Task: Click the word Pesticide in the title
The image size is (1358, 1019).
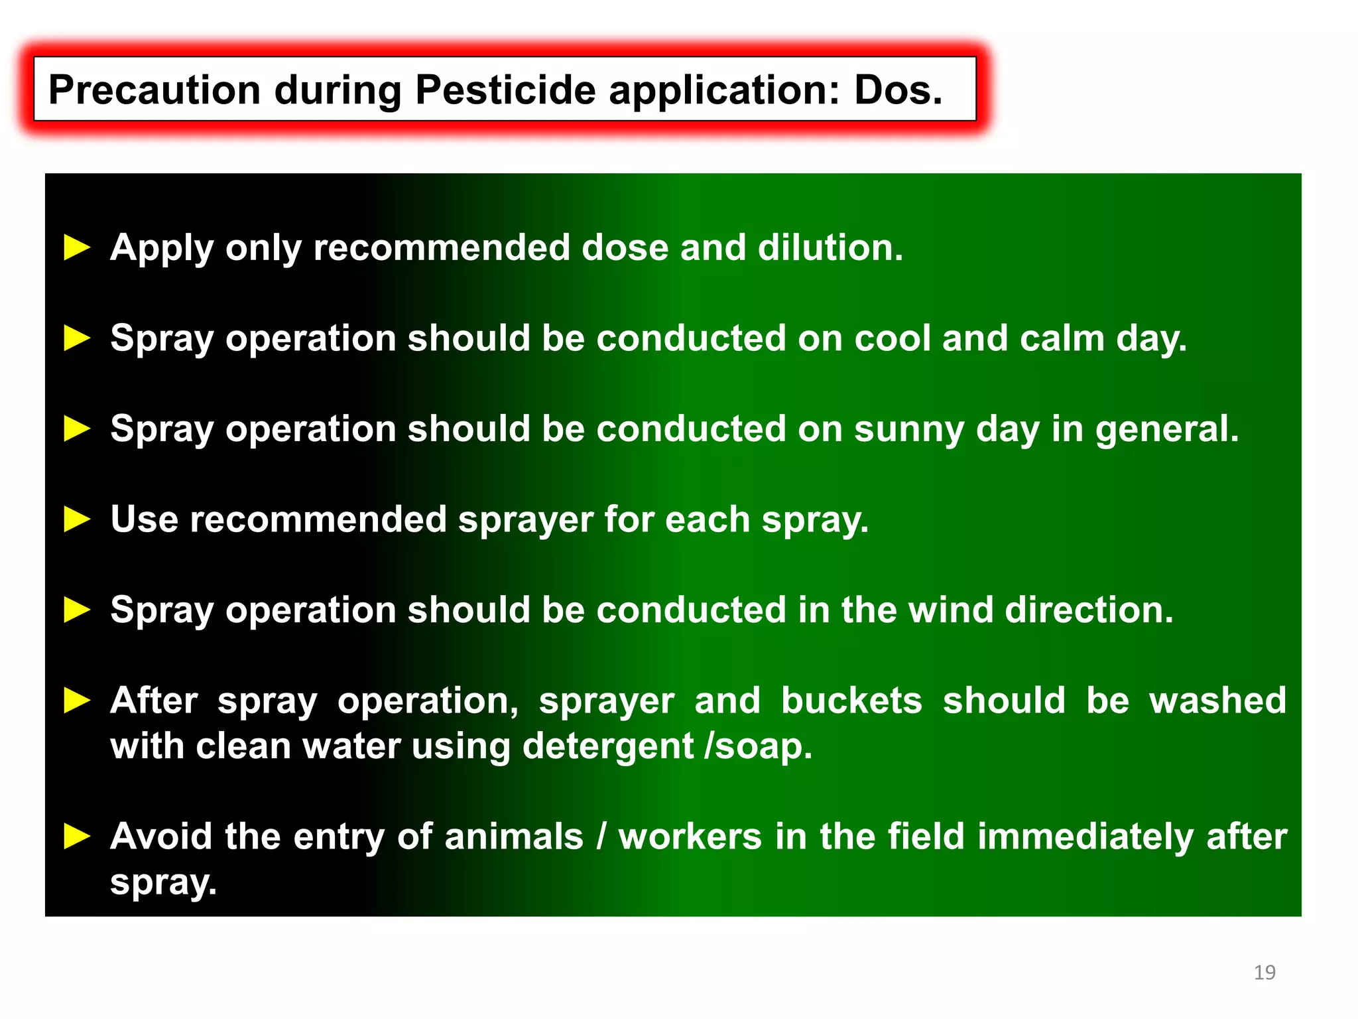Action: pyautogui.click(x=505, y=90)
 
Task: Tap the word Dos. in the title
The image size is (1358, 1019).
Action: pyautogui.click(x=898, y=90)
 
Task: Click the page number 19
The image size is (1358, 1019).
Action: pyautogui.click(x=1265, y=973)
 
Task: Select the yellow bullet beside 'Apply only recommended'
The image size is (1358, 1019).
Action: pyautogui.click(x=77, y=248)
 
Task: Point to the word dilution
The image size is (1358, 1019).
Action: pyautogui.click(x=830, y=248)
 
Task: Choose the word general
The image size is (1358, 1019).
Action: pyautogui.click(x=1167, y=430)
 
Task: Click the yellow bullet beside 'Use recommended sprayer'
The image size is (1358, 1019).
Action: pyautogui.click(x=77, y=519)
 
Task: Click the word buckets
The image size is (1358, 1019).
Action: pyautogui.click(x=851, y=701)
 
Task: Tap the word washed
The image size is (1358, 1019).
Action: pyautogui.click(x=1217, y=701)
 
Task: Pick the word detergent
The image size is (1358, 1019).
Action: pyautogui.click(x=608, y=747)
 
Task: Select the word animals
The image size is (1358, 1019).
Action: pyautogui.click(x=514, y=837)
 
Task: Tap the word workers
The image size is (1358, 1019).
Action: pyautogui.click(x=690, y=837)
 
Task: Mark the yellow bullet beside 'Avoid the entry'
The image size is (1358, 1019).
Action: pyautogui.click(x=77, y=837)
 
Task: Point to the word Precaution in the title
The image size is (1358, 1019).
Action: pyautogui.click(x=154, y=90)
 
